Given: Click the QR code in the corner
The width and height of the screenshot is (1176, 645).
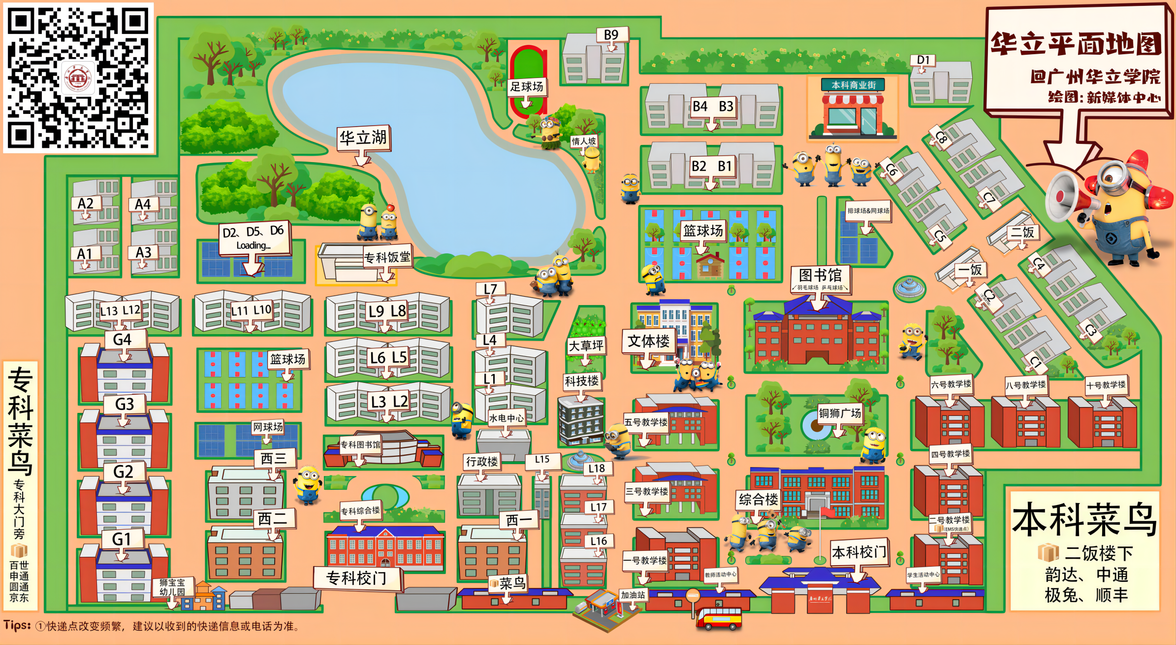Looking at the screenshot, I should (x=78, y=77).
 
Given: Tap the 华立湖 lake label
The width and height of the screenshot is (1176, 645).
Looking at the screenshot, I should (x=363, y=138).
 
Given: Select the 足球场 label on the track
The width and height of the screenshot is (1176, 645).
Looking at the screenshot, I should (x=526, y=87).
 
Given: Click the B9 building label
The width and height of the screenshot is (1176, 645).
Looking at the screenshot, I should (x=611, y=35).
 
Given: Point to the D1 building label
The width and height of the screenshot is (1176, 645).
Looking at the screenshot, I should (x=923, y=60).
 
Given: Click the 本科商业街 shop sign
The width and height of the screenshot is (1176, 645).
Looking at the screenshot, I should (x=853, y=85).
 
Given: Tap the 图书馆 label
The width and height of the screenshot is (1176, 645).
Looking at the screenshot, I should (x=820, y=275).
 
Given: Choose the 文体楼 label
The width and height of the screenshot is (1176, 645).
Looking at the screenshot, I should (x=648, y=341).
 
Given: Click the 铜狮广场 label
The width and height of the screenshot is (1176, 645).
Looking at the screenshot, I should (x=840, y=413).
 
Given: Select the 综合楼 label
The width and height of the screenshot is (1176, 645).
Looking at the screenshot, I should (x=759, y=500).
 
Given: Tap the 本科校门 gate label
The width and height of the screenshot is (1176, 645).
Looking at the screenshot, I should (x=859, y=552).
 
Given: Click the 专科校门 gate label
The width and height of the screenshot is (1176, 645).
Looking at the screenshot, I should (x=356, y=578).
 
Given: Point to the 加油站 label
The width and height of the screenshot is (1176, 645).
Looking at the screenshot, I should (x=633, y=595).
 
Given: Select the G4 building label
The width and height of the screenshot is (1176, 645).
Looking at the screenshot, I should (x=122, y=339).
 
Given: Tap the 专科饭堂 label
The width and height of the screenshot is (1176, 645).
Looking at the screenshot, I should (x=387, y=257).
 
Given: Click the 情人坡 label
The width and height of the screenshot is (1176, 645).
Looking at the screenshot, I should (x=584, y=141).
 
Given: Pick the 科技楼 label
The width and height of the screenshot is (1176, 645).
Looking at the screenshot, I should (x=581, y=381).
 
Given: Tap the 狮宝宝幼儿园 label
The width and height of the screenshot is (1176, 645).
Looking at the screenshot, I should (x=172, y=587).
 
